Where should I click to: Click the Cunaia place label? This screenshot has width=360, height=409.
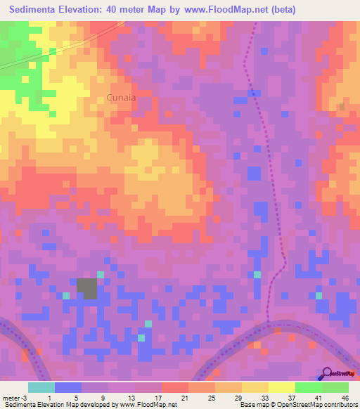(x=121, y=98)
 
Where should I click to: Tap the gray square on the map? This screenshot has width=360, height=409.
(x=86, y=288)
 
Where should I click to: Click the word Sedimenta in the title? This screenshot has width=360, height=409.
(x=39, y=10)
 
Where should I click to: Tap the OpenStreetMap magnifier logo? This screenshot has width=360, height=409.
(x=328, y=374)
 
